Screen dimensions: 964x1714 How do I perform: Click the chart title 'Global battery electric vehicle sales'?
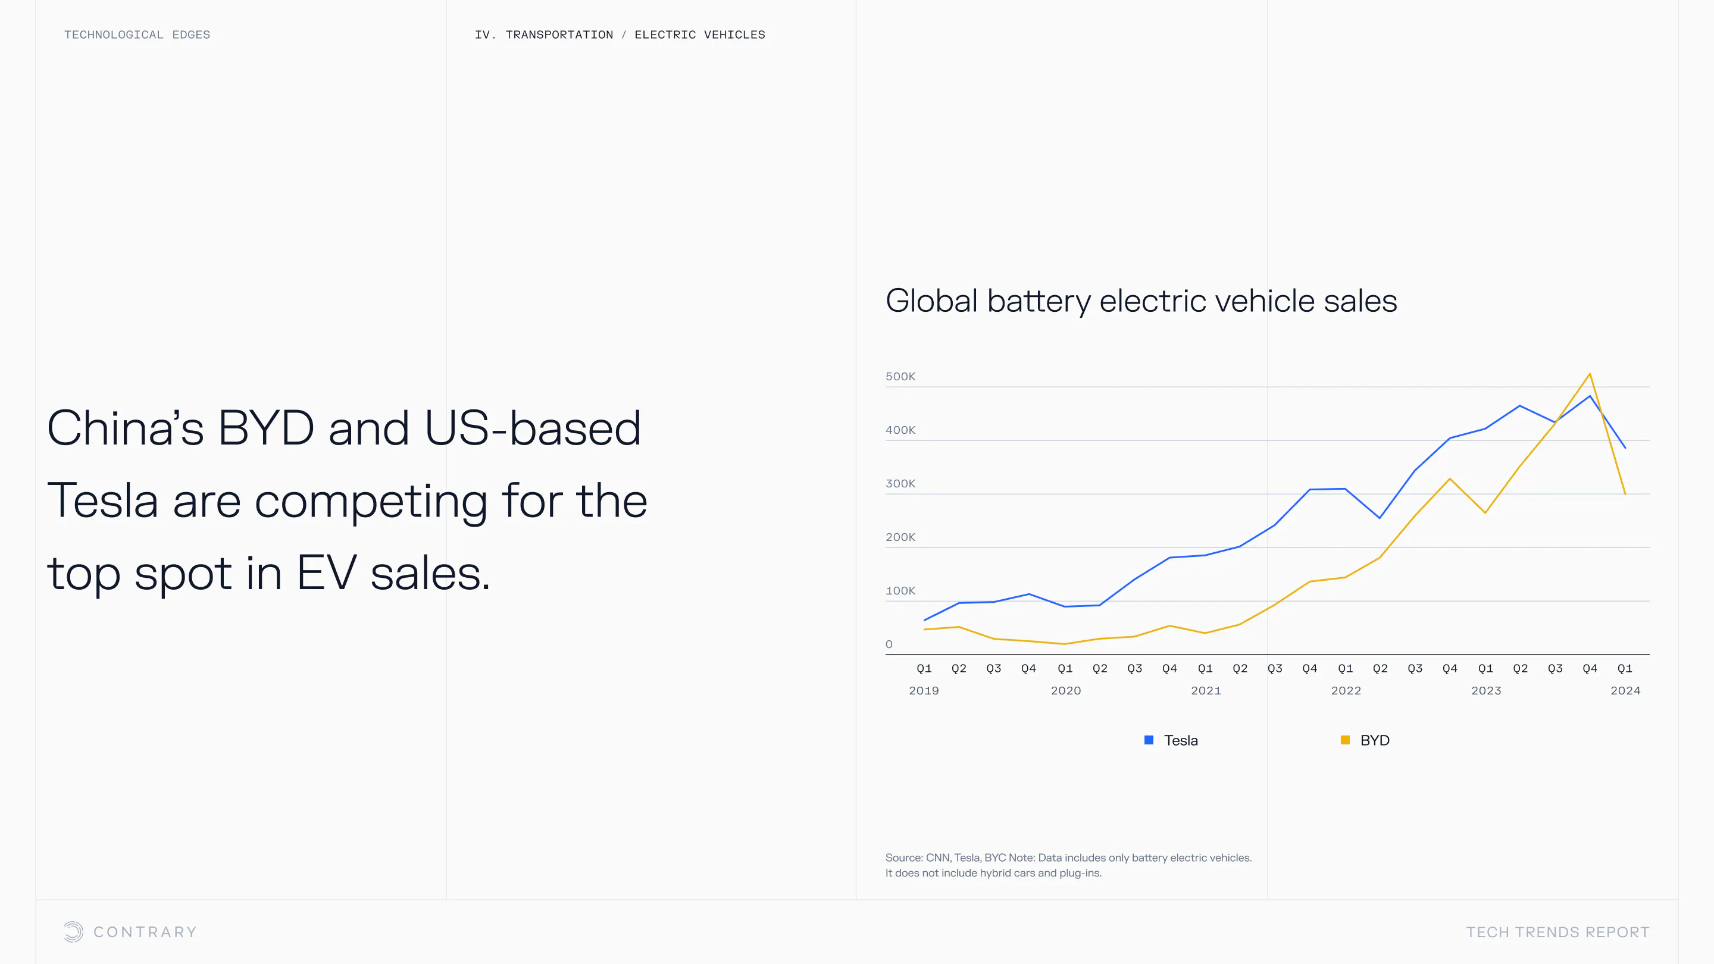point(1140,301)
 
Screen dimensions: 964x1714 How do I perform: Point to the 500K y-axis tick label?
point(900,377)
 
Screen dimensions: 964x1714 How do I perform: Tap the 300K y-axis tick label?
point(900,484)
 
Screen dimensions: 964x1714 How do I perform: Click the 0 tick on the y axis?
point(889,644)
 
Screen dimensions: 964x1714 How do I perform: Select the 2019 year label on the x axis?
point(924,690)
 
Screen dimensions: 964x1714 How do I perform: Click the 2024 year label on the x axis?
point(1625,690)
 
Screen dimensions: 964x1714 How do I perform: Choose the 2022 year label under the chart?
point(1346,690)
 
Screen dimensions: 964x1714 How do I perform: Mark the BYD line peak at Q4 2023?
point(1590,374)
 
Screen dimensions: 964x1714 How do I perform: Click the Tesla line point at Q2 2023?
point(1520,406)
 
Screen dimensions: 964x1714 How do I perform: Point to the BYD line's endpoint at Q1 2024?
point(1625,494)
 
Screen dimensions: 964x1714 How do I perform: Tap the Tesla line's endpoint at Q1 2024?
point(1625,447)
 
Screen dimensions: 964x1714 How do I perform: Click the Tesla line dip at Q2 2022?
point(1380,518)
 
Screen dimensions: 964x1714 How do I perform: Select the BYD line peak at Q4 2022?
point(1450,479)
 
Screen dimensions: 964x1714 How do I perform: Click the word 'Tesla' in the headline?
point(102,501)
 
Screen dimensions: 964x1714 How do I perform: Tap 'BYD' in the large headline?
point(265,428)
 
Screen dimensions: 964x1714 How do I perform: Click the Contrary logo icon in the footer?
point(73,931)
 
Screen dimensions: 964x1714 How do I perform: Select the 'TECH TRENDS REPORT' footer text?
point(1557,932)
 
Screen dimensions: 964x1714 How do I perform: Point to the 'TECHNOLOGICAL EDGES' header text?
point(137,35)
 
